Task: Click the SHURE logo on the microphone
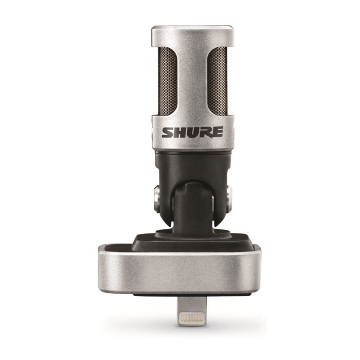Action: tap(192, 132)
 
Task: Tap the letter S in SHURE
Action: tap(168, 133)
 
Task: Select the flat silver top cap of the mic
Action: tap(192, 35)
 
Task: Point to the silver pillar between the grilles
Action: tap(192, 81)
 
